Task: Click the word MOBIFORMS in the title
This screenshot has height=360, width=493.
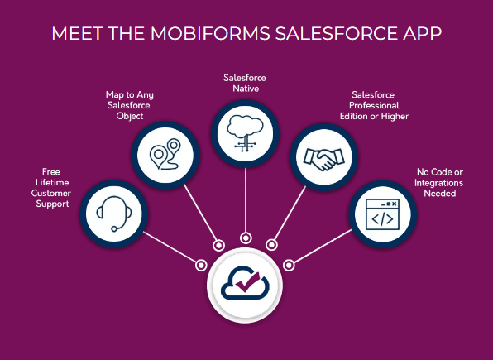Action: click(210, 33)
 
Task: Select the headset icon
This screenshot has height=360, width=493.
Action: click(114, 214)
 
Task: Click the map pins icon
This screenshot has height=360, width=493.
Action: click(165, 155)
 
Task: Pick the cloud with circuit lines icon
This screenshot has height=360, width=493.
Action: click(245, 133)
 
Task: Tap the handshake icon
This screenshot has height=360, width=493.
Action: click(324, 159)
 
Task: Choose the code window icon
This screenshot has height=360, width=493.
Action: click(382, 214)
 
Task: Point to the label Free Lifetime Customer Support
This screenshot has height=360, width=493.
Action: click(51, 188)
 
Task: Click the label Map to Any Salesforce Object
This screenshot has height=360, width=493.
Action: click(129, 105)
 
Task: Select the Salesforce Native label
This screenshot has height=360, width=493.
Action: click(245, 83)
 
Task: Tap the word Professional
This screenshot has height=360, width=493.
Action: click(374, 105)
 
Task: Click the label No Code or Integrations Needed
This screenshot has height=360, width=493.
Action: click(439, 183)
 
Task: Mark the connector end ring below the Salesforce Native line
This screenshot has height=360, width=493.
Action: click(246, 238)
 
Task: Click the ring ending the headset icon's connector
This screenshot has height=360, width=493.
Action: click(201, 266)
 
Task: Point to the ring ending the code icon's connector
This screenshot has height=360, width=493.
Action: click(289, 266)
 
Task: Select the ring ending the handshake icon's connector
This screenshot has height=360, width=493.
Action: click(272, 245)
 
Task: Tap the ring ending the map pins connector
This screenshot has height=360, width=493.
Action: click(219, 245)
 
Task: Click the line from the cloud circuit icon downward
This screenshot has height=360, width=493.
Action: click(246, 199)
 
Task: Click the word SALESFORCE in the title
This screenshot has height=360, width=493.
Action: click(336, 33)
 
